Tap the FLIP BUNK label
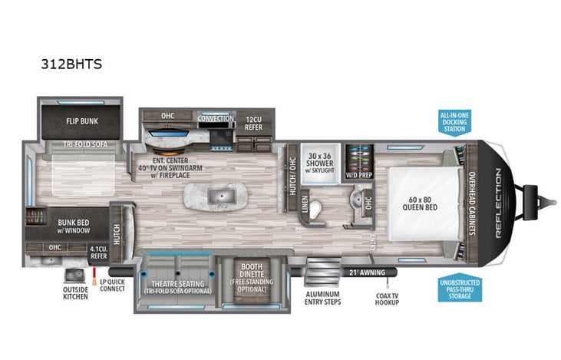(81, 121)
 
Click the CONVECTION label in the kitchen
(216, 119)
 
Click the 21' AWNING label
(365, 272)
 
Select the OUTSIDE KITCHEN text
(74, 293)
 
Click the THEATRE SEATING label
(177, 286)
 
